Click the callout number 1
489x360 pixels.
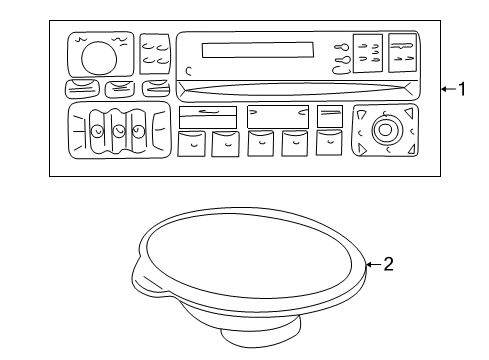pyautogui.click(x=461, y=89)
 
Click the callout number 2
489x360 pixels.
pyautogui.click(x=390, y=265)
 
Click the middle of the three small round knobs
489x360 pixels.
pyautogui.click(x=118, y=131)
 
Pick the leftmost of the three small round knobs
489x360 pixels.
pyautogui.click(x=96, y=131)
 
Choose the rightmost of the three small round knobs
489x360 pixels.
pyautogui.click(x=140, y=131)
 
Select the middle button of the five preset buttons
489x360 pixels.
pyautogui.click(x=262, y=144)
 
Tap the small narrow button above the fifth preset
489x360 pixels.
pyautogui.click(x=330, y=116)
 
